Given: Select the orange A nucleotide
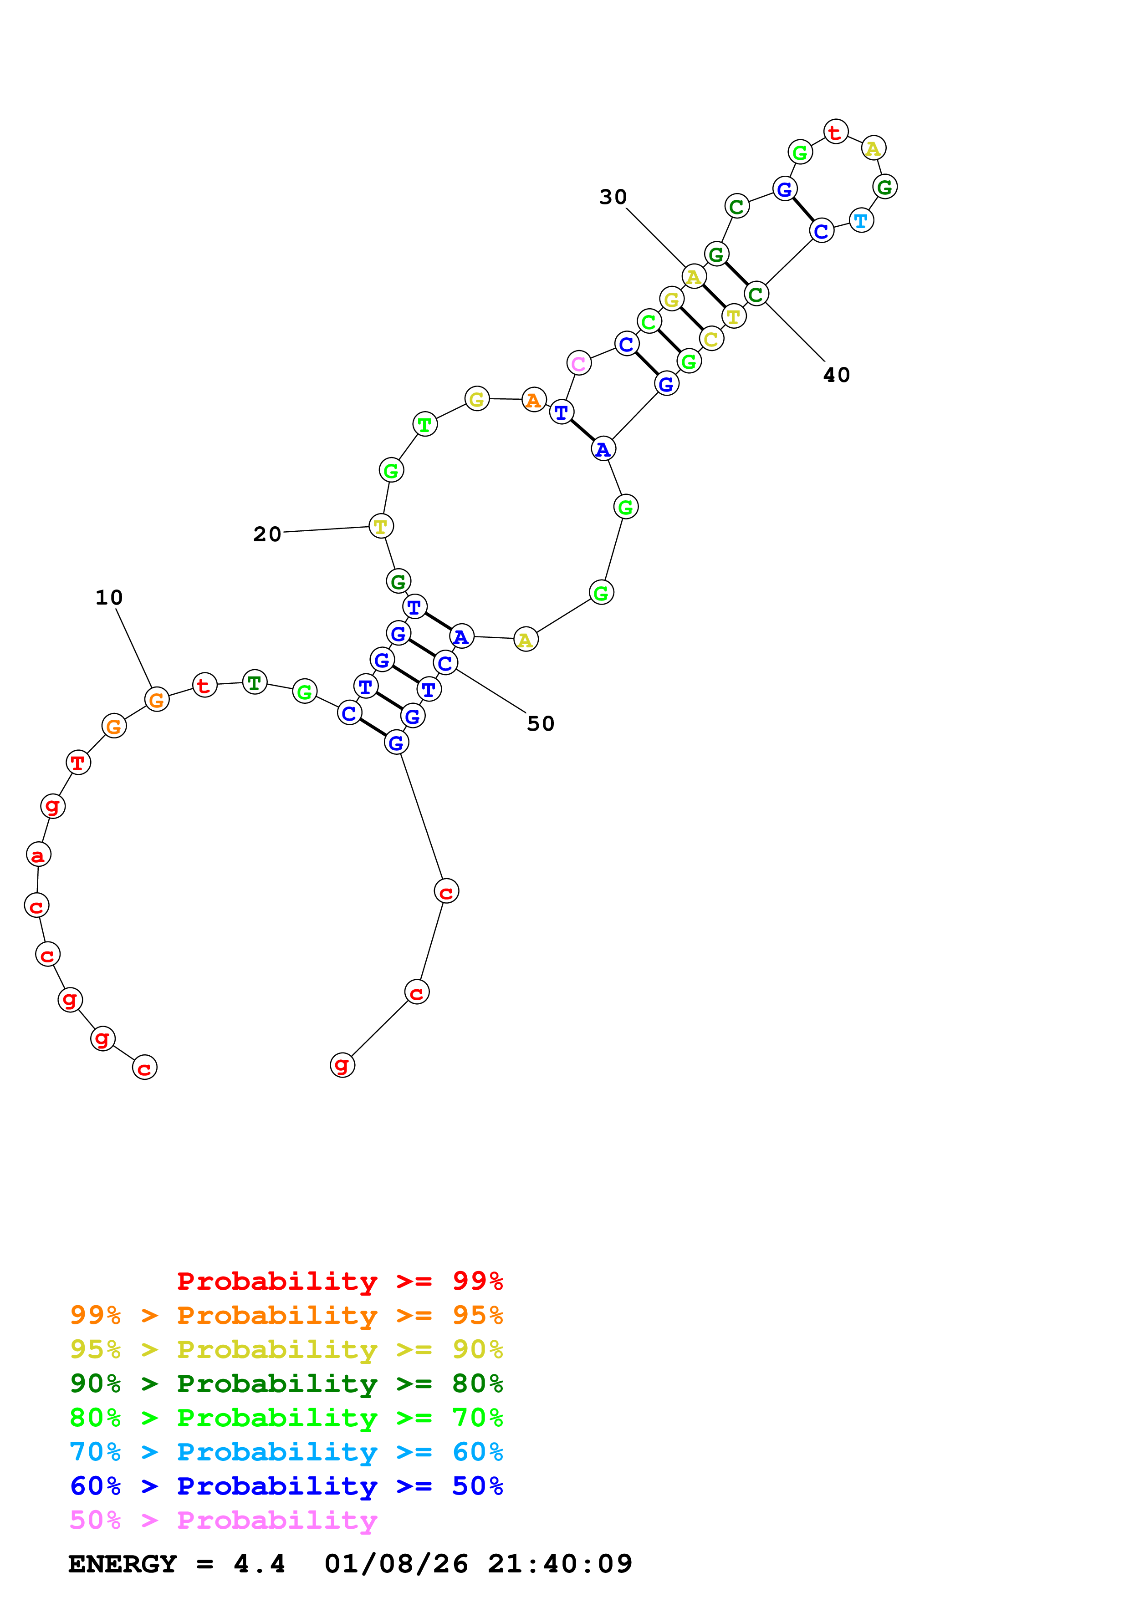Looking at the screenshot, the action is [534, 400].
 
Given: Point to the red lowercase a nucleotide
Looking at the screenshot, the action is [38, 855].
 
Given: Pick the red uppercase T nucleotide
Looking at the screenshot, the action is [78, 763].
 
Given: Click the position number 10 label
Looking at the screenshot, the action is [108, 597].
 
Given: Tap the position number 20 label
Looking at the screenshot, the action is [267, 534].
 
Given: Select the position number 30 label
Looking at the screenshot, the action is [613, 198].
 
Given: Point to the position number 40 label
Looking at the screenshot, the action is [836, 376].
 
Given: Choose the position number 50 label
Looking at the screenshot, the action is [541, 724].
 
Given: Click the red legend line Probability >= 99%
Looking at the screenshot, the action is [339, 1281].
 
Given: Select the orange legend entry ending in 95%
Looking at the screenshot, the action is [286, 1315].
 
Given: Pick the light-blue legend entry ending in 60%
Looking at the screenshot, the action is [286, 1452].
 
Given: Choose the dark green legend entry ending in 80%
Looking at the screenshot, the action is [286, 1383].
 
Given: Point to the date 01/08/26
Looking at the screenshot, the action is [396, 1564].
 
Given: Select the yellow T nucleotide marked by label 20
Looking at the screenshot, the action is [380, 527].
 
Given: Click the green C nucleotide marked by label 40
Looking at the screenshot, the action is [756, 294].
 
